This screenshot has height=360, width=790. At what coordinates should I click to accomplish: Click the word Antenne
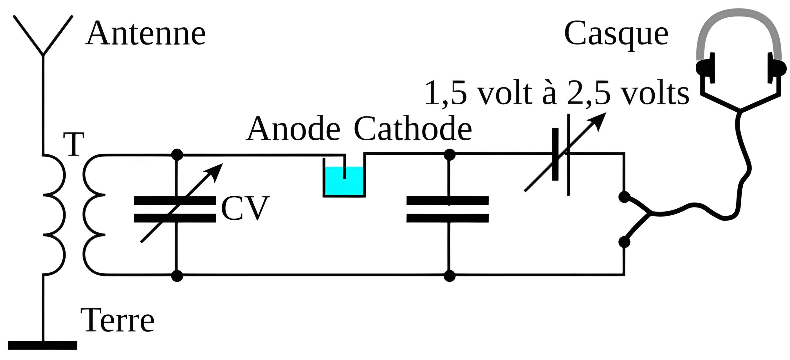point(145,34)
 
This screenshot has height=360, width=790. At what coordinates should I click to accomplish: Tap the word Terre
point(117,320)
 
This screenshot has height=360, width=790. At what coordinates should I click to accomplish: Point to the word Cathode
point(412,129)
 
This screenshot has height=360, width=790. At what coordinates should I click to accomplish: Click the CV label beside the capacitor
point(245,208)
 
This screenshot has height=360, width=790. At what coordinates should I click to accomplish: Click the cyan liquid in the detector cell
point(334,184)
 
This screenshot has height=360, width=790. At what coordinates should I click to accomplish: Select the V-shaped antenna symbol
point(43,35)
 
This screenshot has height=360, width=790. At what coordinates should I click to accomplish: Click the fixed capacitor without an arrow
point(447,209)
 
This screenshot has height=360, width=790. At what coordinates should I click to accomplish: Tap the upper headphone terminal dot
point(624,197)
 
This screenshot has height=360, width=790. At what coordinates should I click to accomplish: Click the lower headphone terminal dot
point(624,242)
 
